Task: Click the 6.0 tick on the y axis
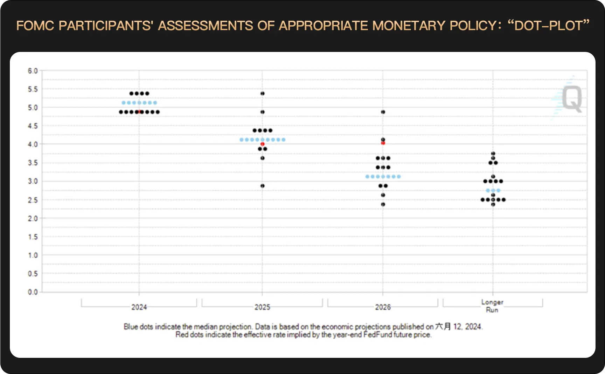click(33, 71)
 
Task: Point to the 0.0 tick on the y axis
click(33, 292)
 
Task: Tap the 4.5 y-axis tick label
click(33, 126)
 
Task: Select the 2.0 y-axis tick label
click(33, 218)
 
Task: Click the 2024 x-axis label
click(139, 307)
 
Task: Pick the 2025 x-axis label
click(262, 307)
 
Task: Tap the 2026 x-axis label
click(383, 307)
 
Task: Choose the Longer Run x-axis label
click(492, 306)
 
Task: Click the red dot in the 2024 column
click(140, 112)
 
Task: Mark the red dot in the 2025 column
click(262, 144)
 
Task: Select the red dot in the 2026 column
click(383, 143)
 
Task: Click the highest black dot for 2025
click(263, 94)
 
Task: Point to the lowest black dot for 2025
click(263, 186)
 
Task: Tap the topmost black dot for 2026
click(383, 112)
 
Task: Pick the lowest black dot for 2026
click(383, 204)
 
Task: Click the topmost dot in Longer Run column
click(493, 154)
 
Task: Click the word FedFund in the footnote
click(378, 335)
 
